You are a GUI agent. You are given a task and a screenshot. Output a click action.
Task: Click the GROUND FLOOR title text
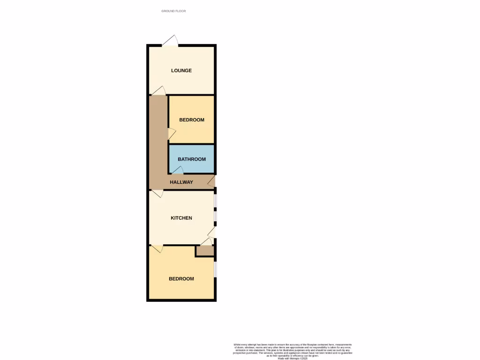(173, 11)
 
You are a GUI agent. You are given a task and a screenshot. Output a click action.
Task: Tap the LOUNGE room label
(181, 71)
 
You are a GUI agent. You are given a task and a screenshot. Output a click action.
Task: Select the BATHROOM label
(192, 159)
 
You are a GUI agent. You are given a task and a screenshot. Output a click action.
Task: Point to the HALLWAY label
(181, 182)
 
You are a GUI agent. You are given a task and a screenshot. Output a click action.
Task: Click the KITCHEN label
(181, 218)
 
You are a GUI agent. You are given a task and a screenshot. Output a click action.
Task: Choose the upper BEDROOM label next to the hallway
(192, 120)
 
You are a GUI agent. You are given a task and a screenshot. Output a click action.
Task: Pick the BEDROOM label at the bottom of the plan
(181, 279)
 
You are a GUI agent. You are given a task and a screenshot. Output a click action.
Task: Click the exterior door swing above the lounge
(171, 41)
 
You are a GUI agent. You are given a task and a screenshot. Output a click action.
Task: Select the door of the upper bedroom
(172, 134)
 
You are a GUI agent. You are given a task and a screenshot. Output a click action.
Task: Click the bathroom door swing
(178, 171)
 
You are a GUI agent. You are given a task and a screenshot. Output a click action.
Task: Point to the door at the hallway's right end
(211, 181)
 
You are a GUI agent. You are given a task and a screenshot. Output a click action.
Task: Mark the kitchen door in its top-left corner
(157, 193)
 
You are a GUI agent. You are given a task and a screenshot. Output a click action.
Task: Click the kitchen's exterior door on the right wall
(212, 232)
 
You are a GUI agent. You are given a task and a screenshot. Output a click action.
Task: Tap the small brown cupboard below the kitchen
(204, 251)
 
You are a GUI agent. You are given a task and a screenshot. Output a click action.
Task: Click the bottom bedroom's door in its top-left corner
(157, 248)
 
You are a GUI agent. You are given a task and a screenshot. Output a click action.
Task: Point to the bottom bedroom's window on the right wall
(215, 269)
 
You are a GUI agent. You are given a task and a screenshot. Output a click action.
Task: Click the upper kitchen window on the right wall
(215, 201)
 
